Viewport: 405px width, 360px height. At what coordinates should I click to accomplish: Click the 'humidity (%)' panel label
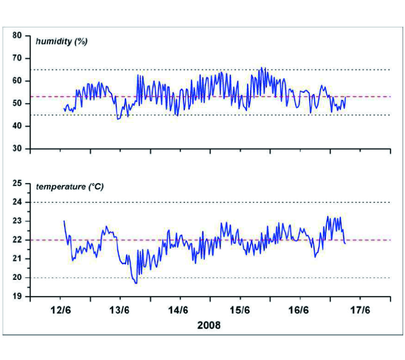click(x=62, y=42)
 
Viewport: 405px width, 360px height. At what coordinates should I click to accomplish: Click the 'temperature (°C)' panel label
click(x=70, y=186)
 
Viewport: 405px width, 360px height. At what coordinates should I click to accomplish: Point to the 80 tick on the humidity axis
click(x=18, y=36)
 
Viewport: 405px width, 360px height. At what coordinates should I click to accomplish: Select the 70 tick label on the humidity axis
click(x=18, y=58)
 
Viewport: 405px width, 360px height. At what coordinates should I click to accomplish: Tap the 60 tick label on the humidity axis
click(x=18, y=81)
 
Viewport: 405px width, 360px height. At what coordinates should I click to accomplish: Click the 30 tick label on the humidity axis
click(x=18, y=148)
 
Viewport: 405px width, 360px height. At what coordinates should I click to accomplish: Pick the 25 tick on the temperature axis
click(x=18, y=184)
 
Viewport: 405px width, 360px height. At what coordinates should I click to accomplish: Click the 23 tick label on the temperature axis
click(x=18, y=221)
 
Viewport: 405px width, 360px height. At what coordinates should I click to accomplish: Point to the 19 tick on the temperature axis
click(x=18, y=297)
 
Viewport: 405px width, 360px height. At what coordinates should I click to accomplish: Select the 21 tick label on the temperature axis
click(x=18, y=259)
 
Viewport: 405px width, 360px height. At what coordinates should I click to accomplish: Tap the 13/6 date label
click(x=120, y=310)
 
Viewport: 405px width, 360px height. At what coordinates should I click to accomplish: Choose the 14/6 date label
click(x=180, y=310)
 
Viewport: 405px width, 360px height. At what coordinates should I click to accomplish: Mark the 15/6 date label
click(x=240, y=310)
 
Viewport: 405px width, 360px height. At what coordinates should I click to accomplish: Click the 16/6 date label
click(x=300, y=310)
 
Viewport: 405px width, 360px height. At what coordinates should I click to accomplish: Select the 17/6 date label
click(x=360, y=310)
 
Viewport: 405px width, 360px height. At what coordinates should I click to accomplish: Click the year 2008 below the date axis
click(x=209, y=325)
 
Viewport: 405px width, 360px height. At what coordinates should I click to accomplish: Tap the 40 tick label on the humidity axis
click(x=18, y=126)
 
